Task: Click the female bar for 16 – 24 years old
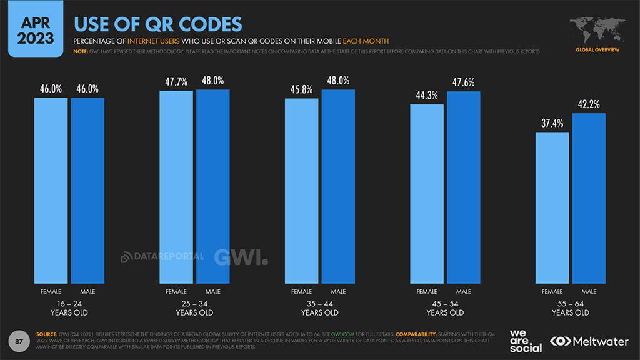point(51,191)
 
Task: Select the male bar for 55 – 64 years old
point(589,198)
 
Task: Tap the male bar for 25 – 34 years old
point(212,187)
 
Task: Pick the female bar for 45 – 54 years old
point(427,194)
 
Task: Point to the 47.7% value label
point(176,81)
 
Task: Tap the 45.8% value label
point(302,89)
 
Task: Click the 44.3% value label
point(427,95)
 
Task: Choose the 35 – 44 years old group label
point(320,308)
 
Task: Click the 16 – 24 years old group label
point(69,308)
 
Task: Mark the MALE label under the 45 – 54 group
point(463,292)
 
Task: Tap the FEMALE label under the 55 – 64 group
point(552,292)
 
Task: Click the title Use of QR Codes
point(158,24)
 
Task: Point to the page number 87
point(19,341)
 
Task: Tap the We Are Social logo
point(526,341)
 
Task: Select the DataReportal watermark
point(162,256)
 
